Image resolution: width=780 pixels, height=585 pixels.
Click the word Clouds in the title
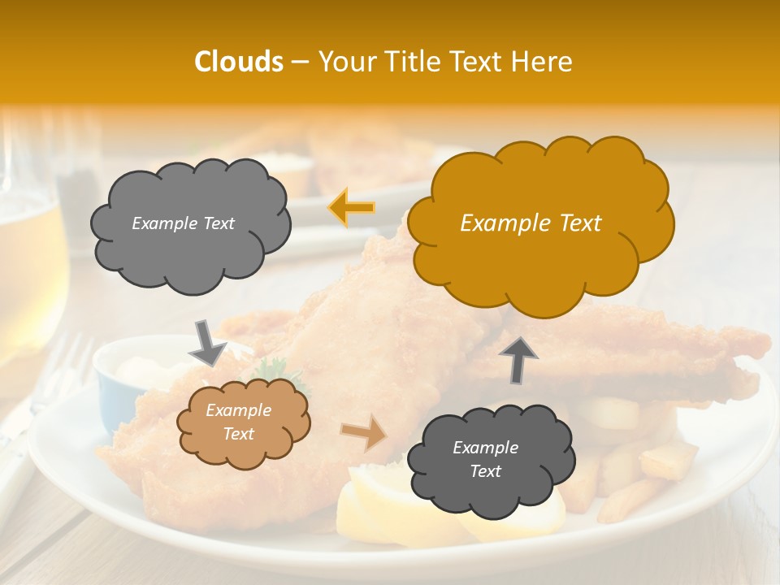click(239, 62)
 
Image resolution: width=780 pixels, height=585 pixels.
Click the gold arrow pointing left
click(351, 208)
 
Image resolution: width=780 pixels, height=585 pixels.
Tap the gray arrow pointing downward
click(207, 342)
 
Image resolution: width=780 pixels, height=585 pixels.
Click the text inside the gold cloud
click(531, 223)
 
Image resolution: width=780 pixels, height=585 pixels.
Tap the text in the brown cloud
click(239, 422)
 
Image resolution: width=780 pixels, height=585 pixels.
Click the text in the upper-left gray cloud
click(183, 223)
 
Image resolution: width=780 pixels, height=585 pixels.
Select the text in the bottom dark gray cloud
click(485, 459)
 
